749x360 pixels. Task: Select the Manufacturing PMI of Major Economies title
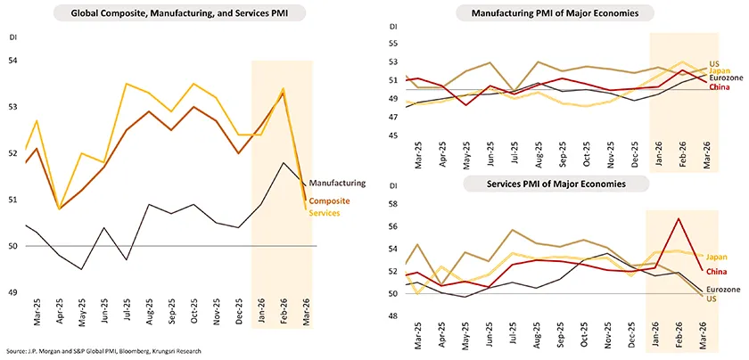555,13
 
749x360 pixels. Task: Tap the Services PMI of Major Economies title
555,184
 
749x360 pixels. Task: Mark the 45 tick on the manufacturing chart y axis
394,135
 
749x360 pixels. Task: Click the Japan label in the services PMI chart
717,257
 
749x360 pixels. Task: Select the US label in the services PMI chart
712,299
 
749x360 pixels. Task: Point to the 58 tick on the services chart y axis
394,205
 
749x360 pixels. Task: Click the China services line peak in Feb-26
679,218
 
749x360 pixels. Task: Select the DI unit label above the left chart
12,38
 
